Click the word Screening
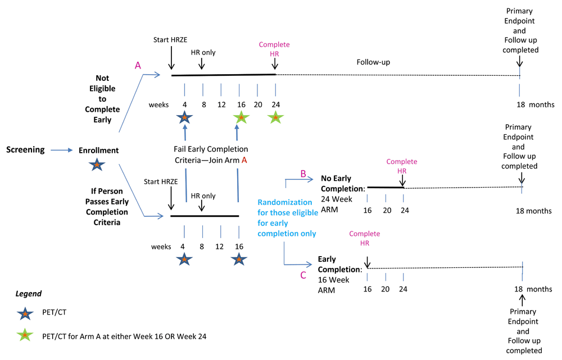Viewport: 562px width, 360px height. [x=25, y=150]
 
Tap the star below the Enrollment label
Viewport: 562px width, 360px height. [x=97, y=165]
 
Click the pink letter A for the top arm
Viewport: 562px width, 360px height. [x=138, y=66]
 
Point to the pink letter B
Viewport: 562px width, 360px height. [x=302, y=174]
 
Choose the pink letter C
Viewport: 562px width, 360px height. [x=303, y=275]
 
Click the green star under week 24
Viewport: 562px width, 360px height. [x=275, y=118]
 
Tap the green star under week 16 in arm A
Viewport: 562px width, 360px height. [x=240, y=118]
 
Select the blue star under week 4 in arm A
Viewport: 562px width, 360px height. [x=184, y=118]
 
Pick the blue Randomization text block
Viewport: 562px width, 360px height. [x=287, y=217]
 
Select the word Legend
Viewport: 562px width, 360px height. [x=28, y=293]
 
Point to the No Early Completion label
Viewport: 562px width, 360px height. [x=343, y=184]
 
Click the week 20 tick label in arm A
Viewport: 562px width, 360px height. [x=257, y=104]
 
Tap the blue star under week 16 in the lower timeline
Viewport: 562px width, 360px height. [x=239, y=259]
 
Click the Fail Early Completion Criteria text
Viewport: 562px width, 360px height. [x=211, y=154]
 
